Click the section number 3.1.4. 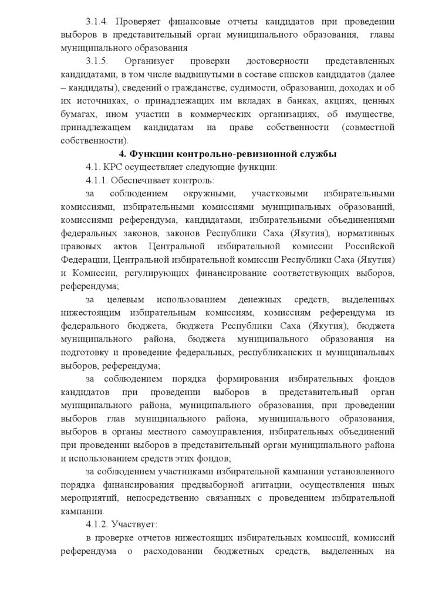pos(97,22)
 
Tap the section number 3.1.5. pos(97,61)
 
